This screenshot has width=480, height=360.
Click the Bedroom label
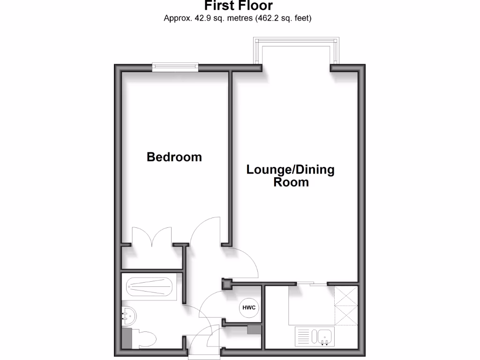174,157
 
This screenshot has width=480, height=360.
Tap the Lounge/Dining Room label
291,175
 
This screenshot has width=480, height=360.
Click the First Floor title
238,6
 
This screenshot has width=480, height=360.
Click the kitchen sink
324,337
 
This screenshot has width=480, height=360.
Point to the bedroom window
176,68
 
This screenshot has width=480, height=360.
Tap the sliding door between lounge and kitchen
311,283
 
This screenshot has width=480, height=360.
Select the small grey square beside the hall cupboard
254,330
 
